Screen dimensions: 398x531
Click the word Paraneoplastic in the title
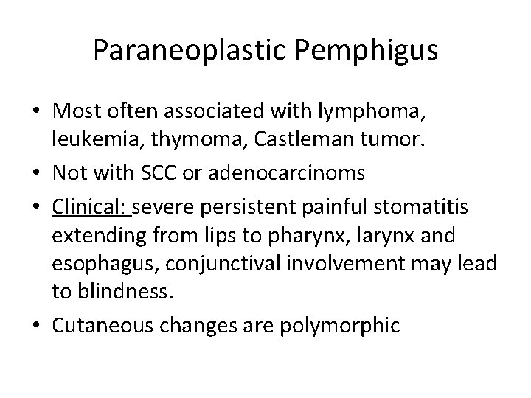click(182, 51)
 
